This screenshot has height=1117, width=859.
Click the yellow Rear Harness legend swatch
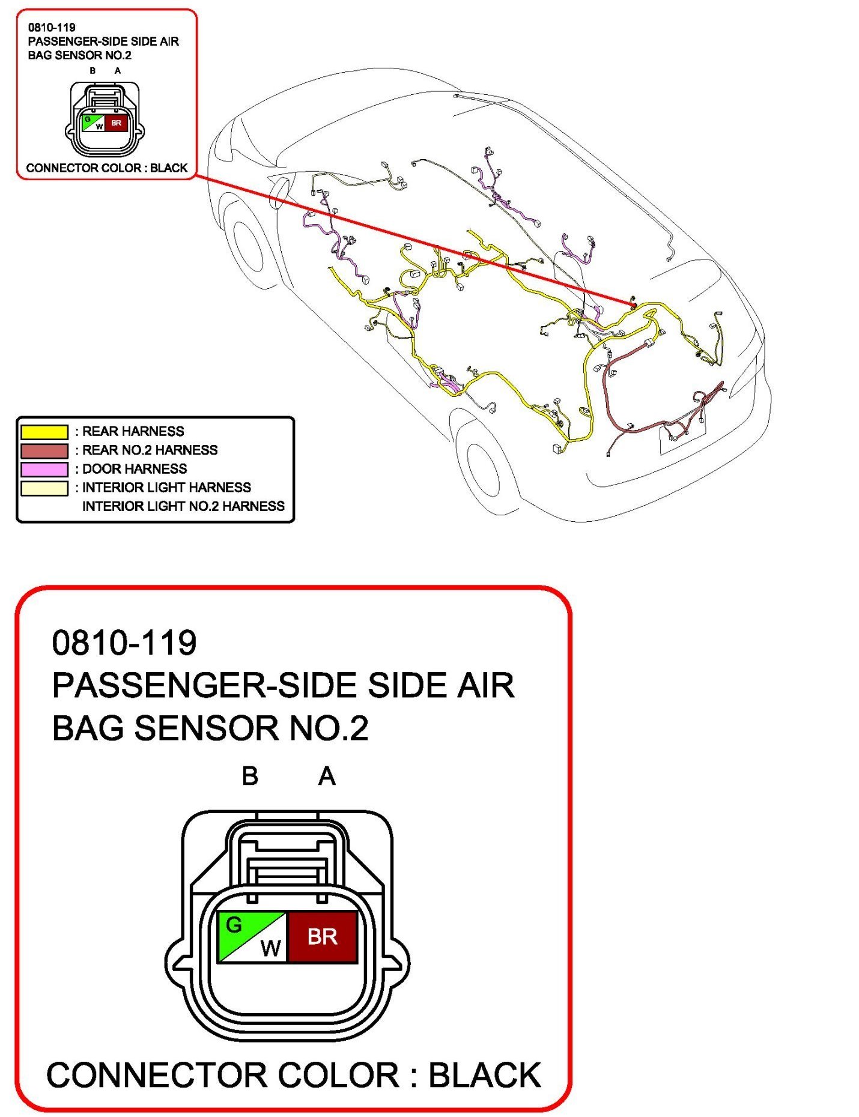[44, 432]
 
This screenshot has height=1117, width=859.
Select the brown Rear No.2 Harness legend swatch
[44, 450]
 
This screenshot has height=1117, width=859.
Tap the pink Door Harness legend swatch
[44, 469]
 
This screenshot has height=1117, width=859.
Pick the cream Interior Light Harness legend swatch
[44, 488]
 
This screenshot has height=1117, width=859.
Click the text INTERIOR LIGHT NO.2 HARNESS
[183, 506]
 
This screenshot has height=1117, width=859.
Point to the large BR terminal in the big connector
[323, 936]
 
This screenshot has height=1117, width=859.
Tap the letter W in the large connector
[270, 948]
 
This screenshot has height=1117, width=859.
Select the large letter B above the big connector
[250, 776]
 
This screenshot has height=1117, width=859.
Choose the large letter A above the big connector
[327, 776]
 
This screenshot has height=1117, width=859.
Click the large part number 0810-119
[124, 643]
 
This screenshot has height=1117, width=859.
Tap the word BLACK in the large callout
[484, 1075]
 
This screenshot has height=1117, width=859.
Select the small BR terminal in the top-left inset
[116, 123]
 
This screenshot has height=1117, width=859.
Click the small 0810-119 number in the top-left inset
[52, 27]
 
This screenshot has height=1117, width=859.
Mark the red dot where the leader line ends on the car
[634, 306]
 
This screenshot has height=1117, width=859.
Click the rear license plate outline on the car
[683, 437]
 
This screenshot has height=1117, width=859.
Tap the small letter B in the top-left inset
[93, 71]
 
